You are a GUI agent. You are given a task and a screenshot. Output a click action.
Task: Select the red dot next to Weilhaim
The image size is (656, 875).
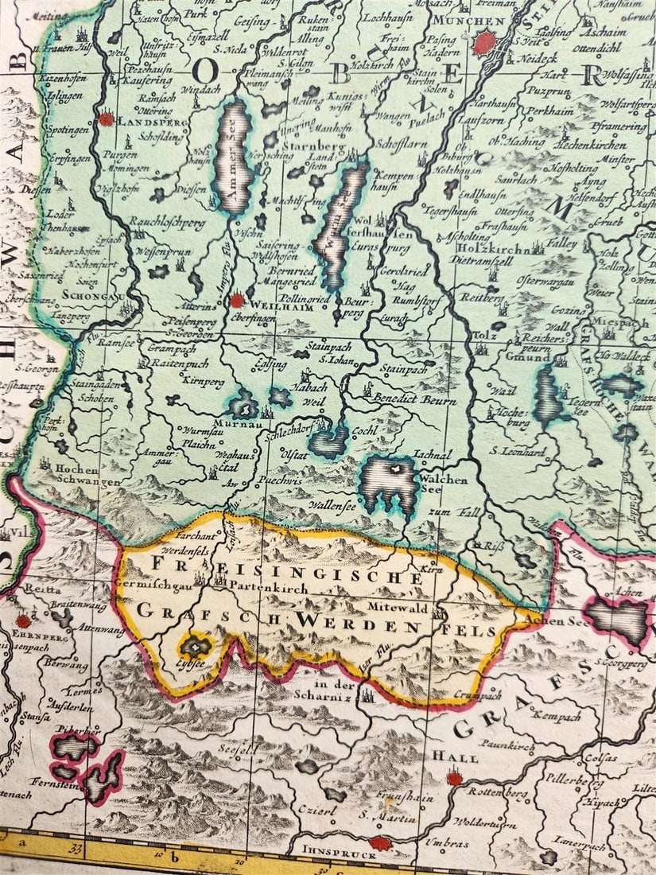click(x=237, y=301)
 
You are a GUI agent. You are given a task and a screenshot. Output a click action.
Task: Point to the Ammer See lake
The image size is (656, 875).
click(x=233, y=159)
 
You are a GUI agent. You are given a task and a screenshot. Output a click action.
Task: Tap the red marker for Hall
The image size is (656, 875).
click(x=454, y=778)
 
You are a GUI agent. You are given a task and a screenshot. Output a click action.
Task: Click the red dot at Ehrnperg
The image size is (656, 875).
click(x=24, y=620)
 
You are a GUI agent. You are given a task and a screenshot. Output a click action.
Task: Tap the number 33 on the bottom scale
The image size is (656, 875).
click(x=76, y=850)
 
